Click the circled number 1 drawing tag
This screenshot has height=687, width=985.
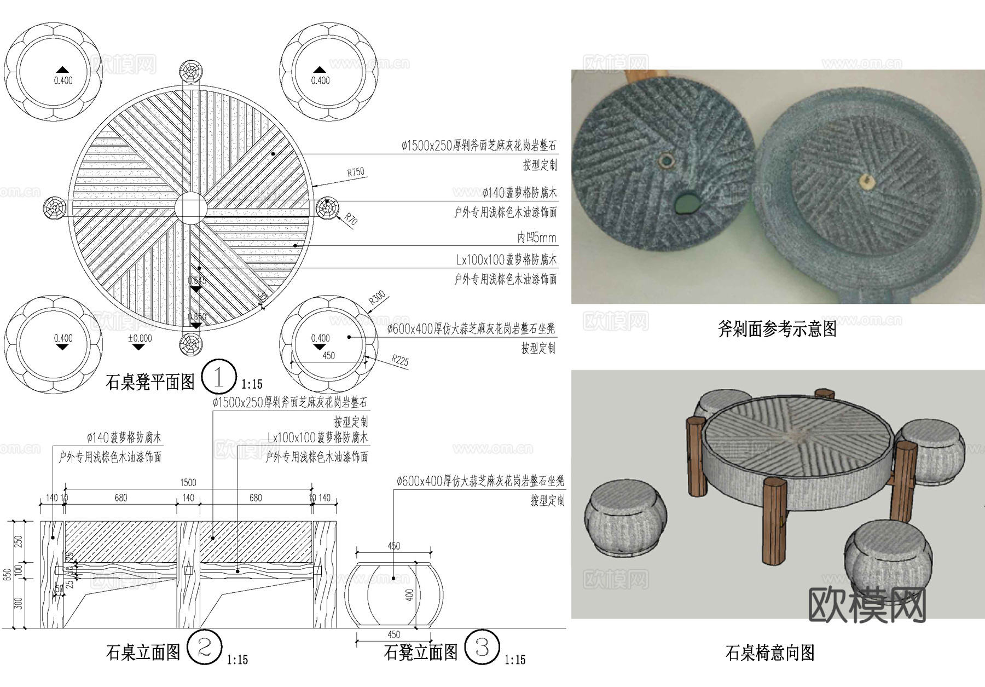pos(219,377)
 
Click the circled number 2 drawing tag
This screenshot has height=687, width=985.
pos(204,648)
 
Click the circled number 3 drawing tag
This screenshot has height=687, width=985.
pos(482,648)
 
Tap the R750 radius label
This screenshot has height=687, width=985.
pos(356,172)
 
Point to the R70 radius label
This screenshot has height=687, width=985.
pos(351,220)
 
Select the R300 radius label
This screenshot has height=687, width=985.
pos(377,298)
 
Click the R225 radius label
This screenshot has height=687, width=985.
pos(400,360)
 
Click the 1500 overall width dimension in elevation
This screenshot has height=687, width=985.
pos(188,482)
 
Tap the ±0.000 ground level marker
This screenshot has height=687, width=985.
pos(140,339)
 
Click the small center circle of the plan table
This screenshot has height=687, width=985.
pos(191,208)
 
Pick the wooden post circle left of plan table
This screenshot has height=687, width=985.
pos(55,208)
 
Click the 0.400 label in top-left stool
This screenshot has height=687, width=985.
pos(63,80)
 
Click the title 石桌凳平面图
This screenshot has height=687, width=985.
pos(150,382)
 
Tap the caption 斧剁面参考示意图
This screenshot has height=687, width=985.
pos(777,328)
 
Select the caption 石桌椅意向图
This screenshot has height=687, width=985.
pos(769,653)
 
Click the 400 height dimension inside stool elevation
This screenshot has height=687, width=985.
pos(410,594)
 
